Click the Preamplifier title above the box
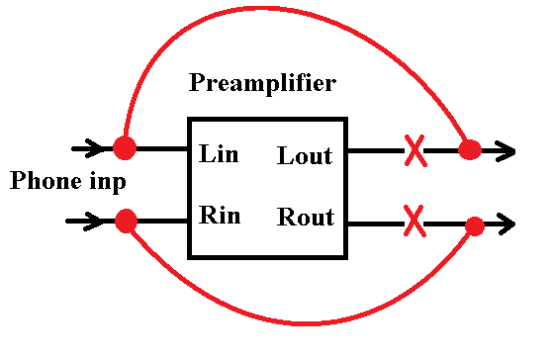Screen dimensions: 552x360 [262, 84]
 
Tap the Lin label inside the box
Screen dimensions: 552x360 [219, 153]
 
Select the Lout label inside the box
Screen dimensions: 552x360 [305, 155]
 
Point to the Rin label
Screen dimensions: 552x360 [220, 215]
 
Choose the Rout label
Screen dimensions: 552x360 [306, 217]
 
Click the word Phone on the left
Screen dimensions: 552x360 [46, 181]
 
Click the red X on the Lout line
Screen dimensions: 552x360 [415, 150]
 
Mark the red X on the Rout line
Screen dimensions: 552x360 [414, 221]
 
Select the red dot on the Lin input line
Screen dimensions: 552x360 [125, 147]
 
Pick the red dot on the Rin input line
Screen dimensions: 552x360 [126, 221]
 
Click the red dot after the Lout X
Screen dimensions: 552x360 [470, 150]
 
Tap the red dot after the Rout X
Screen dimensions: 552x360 [475, 226]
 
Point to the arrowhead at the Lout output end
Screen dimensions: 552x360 [506, 151]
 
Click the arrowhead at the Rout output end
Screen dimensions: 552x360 [507, 224]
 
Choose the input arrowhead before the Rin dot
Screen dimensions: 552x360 [92, 222]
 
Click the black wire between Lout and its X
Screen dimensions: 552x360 [376, 150]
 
